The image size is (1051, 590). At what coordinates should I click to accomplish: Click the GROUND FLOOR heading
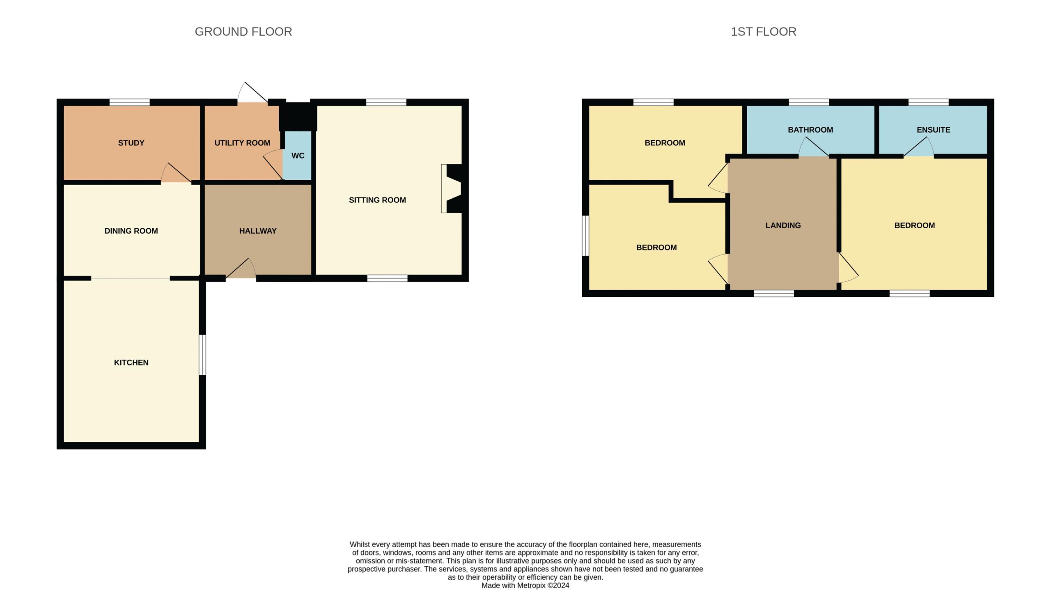point(243,32)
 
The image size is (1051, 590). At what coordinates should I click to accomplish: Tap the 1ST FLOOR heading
point(763,32)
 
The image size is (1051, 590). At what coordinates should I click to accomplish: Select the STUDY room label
point(131,143)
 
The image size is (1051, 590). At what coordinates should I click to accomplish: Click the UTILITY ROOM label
point(242,143)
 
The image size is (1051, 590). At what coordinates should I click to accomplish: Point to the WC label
point(298,156)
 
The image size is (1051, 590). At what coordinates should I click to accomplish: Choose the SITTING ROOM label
point(377,200)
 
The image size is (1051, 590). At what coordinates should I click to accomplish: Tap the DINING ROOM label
point(131,231)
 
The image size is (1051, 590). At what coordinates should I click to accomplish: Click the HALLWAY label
point(258,231)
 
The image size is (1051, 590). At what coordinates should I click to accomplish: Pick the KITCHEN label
point(131,363)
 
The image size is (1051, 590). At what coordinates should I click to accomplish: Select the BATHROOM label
point(810,130)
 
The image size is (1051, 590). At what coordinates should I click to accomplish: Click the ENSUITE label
point(933,130)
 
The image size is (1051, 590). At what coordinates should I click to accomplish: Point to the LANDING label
point(783,225)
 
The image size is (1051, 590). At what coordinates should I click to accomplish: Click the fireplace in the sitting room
point(454,188)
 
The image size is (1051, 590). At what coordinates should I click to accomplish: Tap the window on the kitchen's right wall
point(202,355)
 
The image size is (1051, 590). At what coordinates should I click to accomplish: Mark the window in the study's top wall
point(129,102)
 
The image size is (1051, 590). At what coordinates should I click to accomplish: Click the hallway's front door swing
point(241,269)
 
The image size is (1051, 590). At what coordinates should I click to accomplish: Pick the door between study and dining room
point(176,173)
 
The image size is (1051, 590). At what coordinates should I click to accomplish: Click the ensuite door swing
point(919,147)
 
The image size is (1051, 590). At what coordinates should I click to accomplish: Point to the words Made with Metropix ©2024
point(525,585)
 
